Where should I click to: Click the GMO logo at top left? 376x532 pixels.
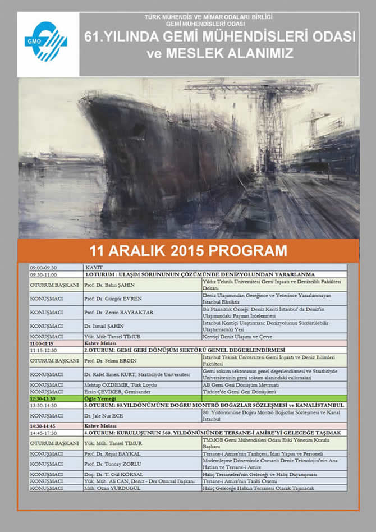pos(48,44)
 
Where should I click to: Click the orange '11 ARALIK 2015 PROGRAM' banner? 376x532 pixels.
pos(188,250)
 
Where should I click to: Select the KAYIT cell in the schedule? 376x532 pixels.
pos(93,268)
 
